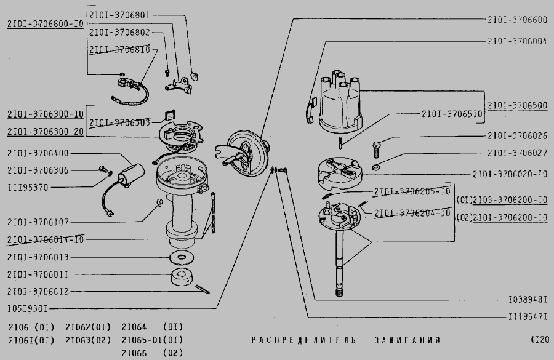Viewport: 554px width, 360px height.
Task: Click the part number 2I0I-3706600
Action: [516, 20]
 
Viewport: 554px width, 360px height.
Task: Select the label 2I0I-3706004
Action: [516, 41]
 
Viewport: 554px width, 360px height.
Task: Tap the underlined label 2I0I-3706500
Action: [516, 106]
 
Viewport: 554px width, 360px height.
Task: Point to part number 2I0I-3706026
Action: [516, 136]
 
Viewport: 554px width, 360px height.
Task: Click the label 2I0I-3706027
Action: [516, 153]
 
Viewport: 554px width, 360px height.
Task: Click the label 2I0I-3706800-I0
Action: [45, 24]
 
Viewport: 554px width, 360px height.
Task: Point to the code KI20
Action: [537, 340]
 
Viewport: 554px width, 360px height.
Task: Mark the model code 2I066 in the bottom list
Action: [134, 353]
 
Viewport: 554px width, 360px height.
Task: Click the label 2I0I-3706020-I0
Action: [510, 174]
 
